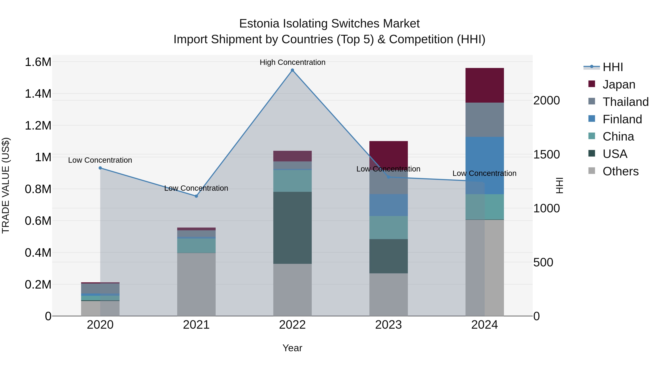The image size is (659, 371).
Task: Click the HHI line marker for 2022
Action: click(292, 70)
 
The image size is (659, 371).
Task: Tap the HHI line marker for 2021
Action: click(196, 196)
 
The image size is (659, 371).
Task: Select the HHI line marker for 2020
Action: click(100, 168)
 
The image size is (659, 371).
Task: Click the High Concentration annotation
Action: click(292, 62)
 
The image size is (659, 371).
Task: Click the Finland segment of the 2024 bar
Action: click(485, 165)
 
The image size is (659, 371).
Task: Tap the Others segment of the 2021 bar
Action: click(196, 284)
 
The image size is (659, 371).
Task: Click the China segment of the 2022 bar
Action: click(292, 181)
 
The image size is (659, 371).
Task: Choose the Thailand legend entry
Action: click(626, 102)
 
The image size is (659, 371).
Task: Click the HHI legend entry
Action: click(613, 67)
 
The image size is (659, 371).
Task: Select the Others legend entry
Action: click(620, 171)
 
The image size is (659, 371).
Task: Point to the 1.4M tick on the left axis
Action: click(38, 94)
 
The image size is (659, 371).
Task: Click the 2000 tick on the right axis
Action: click(546, 100)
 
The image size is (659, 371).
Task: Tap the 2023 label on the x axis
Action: click(388, 325)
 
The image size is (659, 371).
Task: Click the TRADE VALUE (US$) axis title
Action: click(6, 185)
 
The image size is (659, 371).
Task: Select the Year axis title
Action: click(292, 348)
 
